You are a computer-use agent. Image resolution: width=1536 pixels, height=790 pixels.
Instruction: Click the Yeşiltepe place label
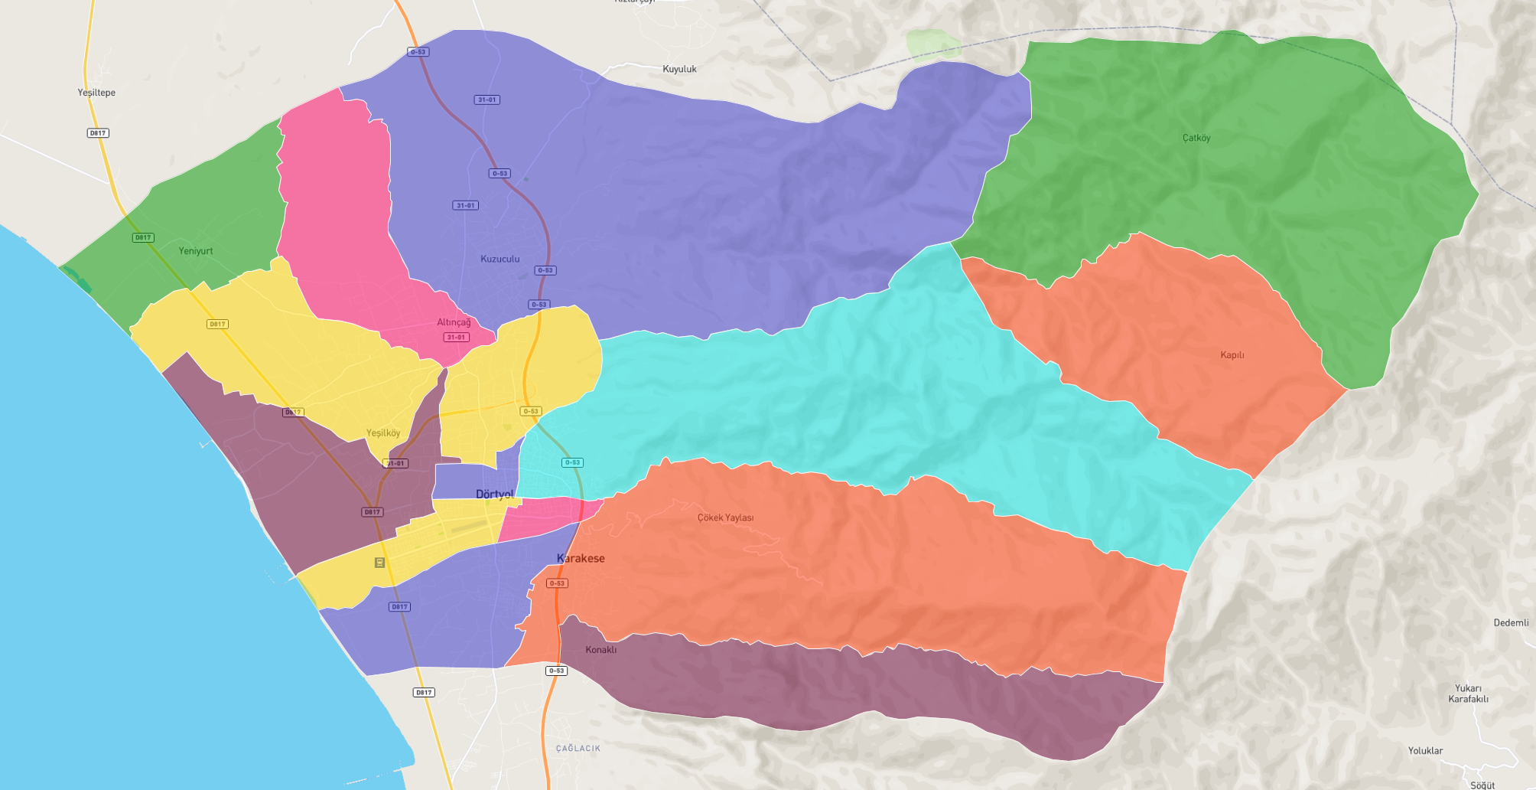click(96, 93)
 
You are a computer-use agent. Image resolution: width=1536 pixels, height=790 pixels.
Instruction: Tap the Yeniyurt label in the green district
click(196, 251)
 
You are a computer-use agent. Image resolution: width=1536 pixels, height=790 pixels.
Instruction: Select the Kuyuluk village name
click(679, 69)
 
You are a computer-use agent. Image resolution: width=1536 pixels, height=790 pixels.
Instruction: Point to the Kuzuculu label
click(500, 259)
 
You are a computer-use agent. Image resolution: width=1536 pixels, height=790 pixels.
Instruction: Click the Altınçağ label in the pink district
click(454, 322)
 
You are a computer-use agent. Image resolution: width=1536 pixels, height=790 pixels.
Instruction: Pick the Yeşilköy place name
click(382, 433)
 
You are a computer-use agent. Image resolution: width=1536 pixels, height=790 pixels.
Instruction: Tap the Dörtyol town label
click(494, 494)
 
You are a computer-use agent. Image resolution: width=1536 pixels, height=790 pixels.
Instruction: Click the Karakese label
click(581, 558)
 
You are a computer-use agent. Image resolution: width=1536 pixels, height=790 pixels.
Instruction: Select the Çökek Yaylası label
click(725, 517)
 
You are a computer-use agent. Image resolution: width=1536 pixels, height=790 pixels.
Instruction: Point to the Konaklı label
click(600, 650)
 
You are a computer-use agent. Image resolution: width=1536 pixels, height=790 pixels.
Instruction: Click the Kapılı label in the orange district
click(1232, 355)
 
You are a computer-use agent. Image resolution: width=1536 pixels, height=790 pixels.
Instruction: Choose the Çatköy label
click(1196, 138)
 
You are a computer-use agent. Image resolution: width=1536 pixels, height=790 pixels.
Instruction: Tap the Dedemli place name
click(1511, 622)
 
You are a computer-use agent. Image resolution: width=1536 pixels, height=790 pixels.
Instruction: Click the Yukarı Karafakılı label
click(1468, 694)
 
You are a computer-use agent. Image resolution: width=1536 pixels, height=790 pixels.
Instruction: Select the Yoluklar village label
click(1425, 750)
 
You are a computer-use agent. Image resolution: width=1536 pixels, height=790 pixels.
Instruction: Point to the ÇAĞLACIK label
click(578, 748)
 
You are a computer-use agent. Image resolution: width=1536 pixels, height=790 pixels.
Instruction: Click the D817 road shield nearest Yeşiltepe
click(98, 133)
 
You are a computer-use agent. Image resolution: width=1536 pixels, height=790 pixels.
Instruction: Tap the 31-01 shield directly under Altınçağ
click(456, 337)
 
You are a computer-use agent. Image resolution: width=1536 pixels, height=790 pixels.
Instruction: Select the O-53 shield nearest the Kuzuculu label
click(545, 270)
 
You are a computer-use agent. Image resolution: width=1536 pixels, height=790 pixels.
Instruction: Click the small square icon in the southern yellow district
click(379, 563)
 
